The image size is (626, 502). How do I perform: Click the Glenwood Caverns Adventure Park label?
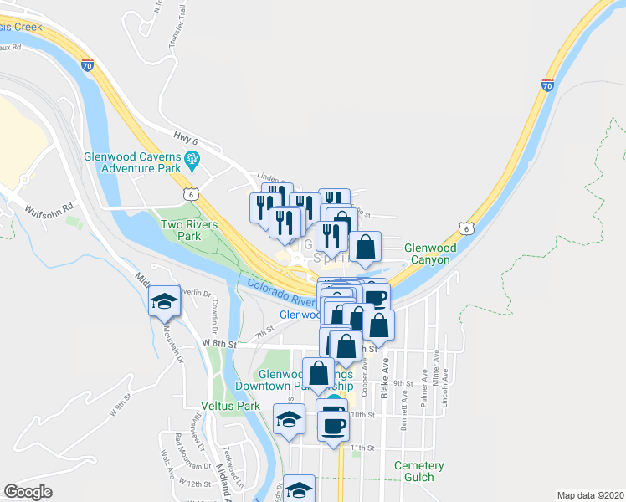tap(132, 162)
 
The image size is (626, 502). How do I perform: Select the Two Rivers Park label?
tap(189, 231)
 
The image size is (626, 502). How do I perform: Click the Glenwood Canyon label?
tap(429, 254)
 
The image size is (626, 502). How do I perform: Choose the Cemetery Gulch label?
tap(423, 471)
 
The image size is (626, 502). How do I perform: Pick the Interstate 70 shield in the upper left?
tap(87, 64)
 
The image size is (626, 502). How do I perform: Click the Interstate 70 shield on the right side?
tap(546, 85)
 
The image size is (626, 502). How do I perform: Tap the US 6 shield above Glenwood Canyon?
tap(465, 228)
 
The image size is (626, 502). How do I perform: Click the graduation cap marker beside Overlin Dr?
tap(164, 301)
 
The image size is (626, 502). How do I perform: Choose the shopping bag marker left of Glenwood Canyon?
tap(366, 247)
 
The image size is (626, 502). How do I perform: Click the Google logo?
tap(28, 492)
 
